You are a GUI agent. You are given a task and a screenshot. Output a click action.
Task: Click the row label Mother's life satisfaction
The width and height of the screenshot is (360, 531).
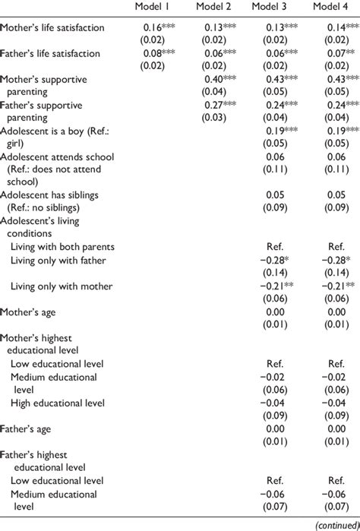[52, 27]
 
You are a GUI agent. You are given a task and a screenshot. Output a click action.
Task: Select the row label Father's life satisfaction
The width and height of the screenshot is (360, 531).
[51, 55]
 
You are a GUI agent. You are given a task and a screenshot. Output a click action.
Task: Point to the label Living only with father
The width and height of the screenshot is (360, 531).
[58, 261]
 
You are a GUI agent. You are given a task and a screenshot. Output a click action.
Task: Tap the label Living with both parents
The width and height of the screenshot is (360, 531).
[62, 247]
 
